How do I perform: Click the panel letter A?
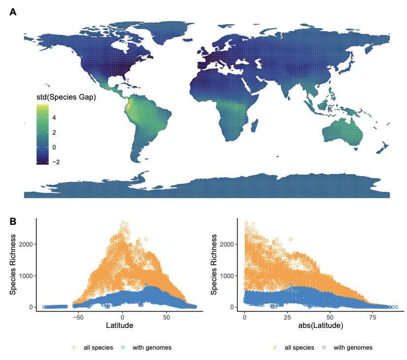point(13,12)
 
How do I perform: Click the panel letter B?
point(13,221)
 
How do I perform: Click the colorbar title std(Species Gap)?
point(66,97)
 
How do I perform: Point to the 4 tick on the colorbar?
point(54,118)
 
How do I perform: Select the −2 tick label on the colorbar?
point(56,162)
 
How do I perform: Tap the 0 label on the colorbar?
point(54,147)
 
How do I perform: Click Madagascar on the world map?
point(255,125)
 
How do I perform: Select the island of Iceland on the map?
point(187,40)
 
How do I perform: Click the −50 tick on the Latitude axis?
point(78,317)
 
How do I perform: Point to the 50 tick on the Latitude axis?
point(167,317)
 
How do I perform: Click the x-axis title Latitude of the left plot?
point(119,325)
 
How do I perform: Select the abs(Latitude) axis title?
point(321,325)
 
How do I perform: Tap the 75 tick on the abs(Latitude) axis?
point(373,317)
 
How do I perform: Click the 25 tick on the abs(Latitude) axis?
point(287,317)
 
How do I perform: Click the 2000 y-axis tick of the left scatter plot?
point(26,245)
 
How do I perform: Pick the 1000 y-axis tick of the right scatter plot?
point(227,276)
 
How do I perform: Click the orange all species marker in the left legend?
point(74,347)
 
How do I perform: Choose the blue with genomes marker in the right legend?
point(324,347)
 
